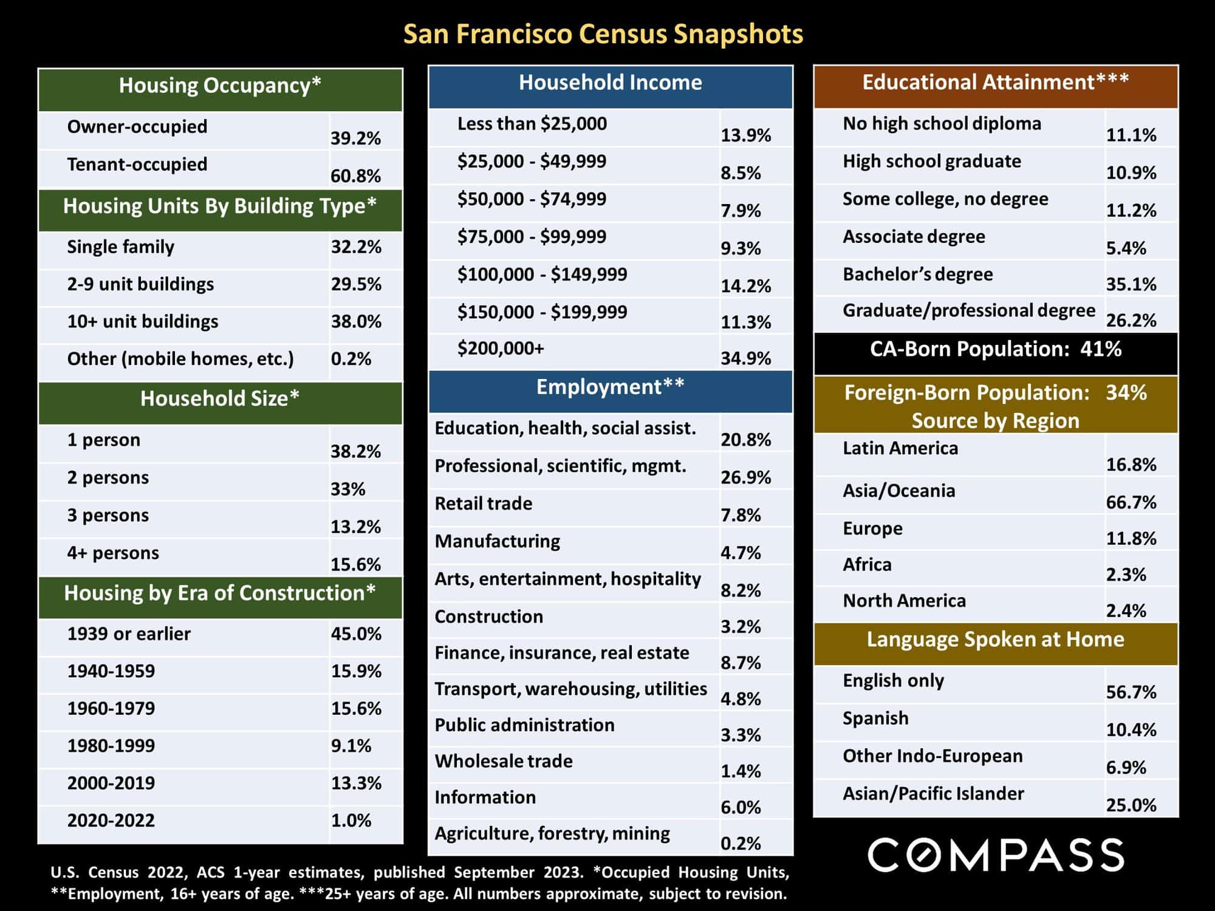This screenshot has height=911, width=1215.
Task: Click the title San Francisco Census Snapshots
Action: coord(603,34)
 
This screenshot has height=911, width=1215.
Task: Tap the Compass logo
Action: coord(996,855)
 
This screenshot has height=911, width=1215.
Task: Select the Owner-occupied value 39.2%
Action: coord(355,138)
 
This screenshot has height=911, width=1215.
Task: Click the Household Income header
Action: coord(610,83)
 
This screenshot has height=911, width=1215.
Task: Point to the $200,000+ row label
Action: coord(501,349)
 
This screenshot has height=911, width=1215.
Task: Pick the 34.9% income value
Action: coord(745,358)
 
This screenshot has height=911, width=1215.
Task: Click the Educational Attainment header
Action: coord(995,82)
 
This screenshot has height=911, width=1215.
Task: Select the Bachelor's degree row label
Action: coord(917,275)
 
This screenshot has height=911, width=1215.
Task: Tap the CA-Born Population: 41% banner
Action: coord(996,349)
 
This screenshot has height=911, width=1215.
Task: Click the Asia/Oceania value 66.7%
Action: coord(1131,502)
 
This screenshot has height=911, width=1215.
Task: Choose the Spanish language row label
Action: coord(875,718)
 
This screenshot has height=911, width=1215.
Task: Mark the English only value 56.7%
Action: coord(1131,692)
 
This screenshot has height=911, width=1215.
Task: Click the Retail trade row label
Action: coord(483,503)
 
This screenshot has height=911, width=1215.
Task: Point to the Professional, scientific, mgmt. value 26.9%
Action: coord(745,477)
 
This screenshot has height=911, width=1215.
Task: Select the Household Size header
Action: coord(220,398)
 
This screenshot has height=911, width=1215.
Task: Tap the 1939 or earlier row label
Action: coord(129,634)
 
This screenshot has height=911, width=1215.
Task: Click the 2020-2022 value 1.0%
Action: coord(351,821)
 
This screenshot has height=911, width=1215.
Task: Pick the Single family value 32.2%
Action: coord(356,247)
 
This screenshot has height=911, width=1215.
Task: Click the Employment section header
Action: coord(610,387)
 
